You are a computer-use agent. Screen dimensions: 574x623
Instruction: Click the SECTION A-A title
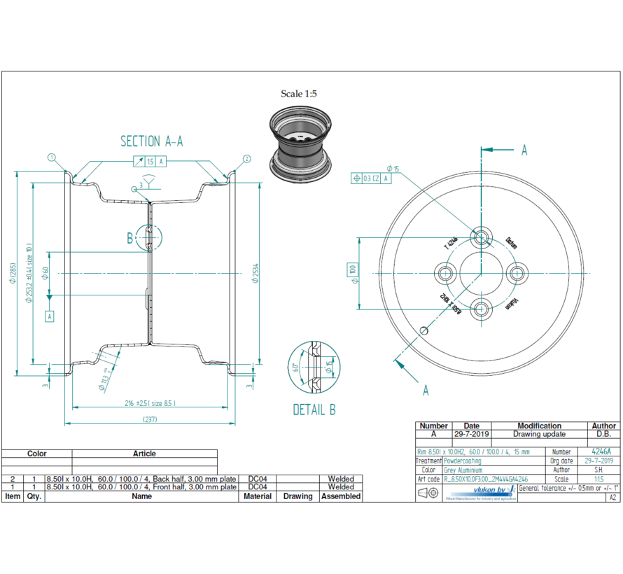tap(152, 141)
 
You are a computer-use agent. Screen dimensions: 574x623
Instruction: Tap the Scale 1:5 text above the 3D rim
tap(299, 94)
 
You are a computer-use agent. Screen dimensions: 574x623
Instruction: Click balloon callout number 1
tap(52, 157)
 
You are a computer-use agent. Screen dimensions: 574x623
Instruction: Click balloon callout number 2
tap(246, 159)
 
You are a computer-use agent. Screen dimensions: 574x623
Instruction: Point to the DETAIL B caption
tap(314, 410)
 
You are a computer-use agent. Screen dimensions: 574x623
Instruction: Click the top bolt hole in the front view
tap(480, 237)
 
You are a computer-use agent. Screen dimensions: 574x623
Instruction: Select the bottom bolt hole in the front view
tap(480, 308)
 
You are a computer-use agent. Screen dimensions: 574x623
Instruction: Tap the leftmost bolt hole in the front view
tap(444, 272)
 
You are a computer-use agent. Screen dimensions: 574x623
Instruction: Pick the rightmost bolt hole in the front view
tap(516, 272)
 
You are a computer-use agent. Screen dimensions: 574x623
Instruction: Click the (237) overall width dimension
tap(150, 419)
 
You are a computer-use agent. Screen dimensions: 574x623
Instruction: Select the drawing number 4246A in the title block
tap(601, 451)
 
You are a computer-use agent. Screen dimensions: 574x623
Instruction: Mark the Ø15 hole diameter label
tap(393, 169)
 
